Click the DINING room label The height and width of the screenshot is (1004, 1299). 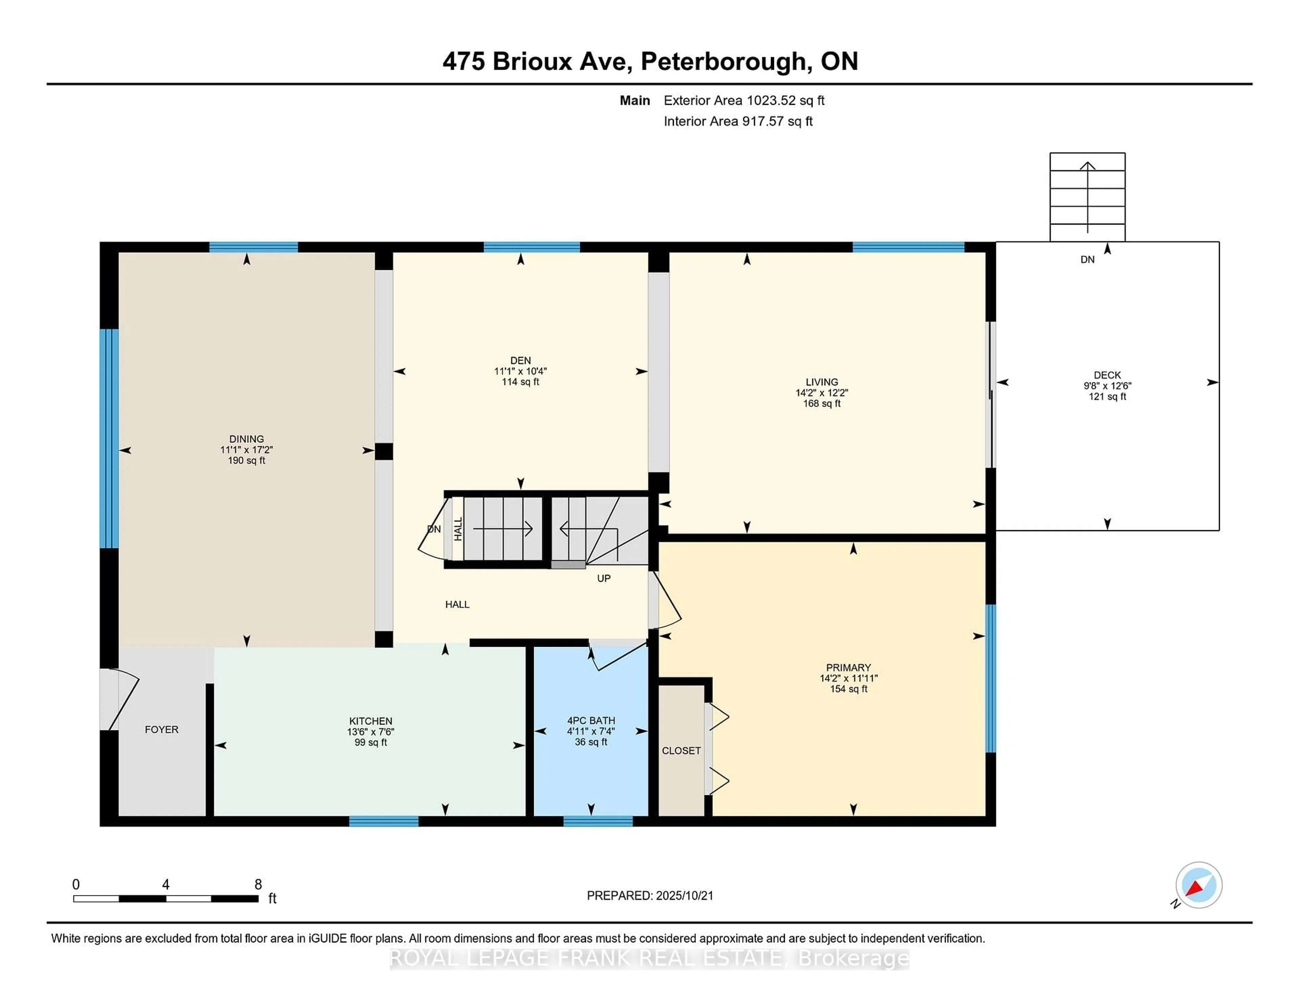pos(246,439)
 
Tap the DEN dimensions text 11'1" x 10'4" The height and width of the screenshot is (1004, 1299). pos(520,371)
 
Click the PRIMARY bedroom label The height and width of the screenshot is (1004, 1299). pos(848,667)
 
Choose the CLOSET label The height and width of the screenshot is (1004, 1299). pos(681,751)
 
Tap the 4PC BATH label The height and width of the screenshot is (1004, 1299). pos(591,720)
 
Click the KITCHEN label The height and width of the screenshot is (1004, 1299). pos(370,721)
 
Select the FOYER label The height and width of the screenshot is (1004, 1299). pos(161,729)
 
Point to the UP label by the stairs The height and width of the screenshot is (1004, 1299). pos(604,578)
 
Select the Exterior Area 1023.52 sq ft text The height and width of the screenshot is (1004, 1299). pos(744,100)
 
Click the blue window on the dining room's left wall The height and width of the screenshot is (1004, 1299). pos(109,438)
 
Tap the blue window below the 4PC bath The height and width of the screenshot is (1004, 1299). pos(598,821)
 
